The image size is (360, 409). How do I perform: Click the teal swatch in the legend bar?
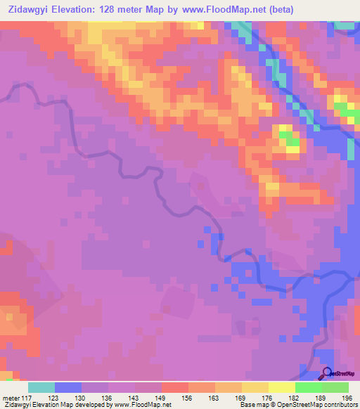41,388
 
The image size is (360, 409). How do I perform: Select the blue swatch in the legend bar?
68,388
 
